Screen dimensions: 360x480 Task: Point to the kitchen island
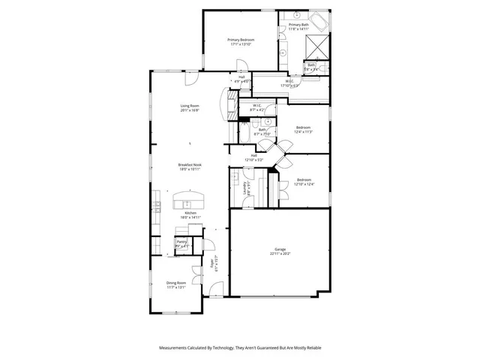(x=190, y=200)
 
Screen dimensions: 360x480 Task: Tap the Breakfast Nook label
(x=190, y=166)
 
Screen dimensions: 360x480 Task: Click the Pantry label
(x=181, y=242)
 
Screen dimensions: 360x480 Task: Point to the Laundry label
(x=246, y=187)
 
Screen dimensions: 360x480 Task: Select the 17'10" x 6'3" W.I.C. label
(x=289, y=83)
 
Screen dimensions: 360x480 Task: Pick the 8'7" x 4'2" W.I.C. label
(x=256, y=107)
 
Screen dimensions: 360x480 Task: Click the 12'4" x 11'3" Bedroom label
(x=304, y=129)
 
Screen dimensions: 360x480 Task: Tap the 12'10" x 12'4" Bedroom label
(x=304, y=181)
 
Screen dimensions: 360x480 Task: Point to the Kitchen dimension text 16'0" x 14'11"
(x=190, y=217)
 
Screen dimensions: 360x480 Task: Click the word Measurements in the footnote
(x=176, y=348)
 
